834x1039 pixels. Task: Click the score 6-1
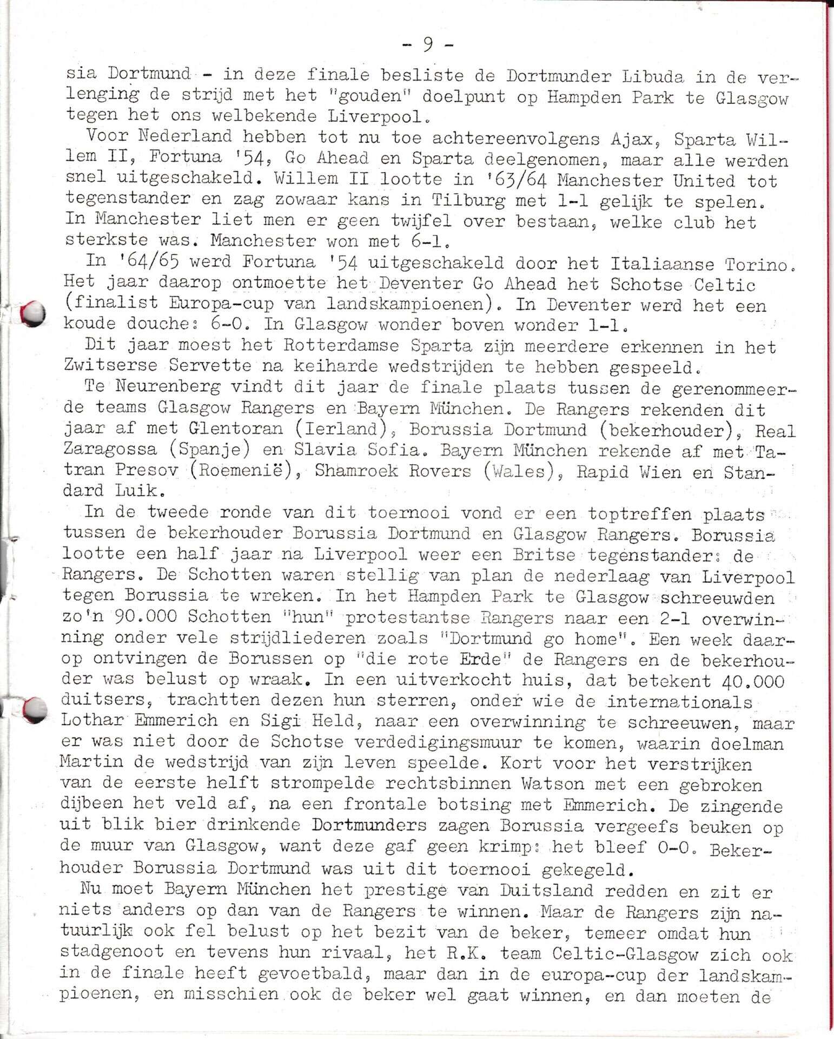tap(434, 241)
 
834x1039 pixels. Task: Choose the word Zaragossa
tap(109, 450)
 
